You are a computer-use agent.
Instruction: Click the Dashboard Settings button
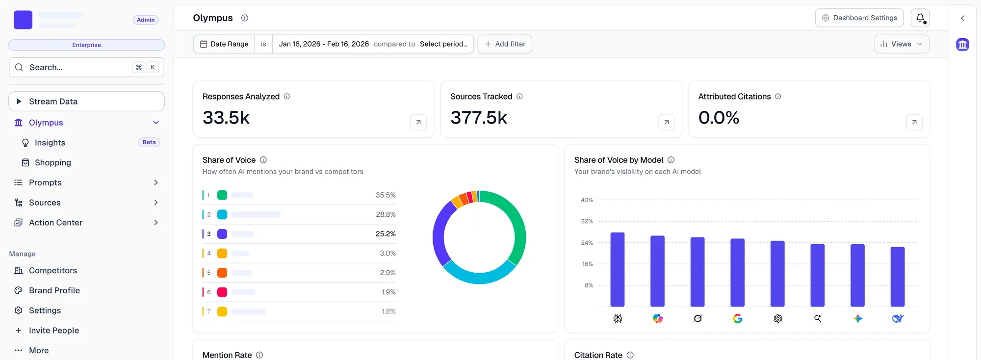[859, 18]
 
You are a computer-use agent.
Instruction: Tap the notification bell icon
[920, 18]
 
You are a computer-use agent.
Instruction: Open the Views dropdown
[902, 44]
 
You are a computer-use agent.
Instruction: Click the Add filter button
[505, 44]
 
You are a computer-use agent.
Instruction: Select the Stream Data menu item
[86, 102]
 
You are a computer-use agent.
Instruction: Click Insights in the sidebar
[50, 143]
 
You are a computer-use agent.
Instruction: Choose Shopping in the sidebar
[53, 163]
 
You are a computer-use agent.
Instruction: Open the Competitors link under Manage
[53, 271]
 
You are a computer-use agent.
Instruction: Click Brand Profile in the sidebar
[54, 291]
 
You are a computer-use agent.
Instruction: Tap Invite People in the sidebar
[54, 331]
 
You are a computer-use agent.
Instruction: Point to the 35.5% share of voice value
[386, 195]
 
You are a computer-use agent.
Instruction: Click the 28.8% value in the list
[386, 215]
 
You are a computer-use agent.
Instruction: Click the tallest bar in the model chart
[617, 270]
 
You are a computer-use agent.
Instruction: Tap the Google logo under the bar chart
[737, 319]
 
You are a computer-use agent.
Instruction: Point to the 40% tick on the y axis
[587, 200]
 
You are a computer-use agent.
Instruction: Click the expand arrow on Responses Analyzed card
[418, 122]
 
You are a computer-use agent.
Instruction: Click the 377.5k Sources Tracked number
[479, 118]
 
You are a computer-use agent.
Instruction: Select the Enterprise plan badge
[86, 45]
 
